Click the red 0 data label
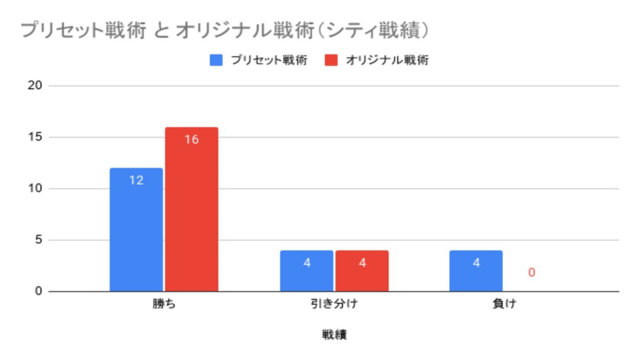coord(531,273)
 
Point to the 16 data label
coord(191,140)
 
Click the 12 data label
coord(136,181)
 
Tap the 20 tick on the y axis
coord(35,85)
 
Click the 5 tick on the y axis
coord(38,240)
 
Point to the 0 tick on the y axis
coord(38,291)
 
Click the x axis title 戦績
coord(334,335)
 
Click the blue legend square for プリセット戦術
coord(217,60)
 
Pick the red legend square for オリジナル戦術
coord(331,60)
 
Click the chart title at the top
coord(224,30)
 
